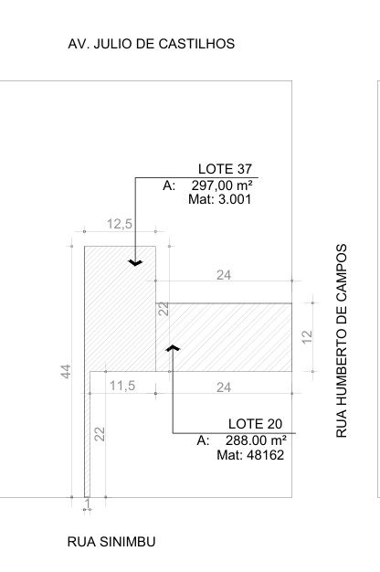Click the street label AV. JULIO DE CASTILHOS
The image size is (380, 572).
point(151,44)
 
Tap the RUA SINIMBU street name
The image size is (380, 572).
point(111,542)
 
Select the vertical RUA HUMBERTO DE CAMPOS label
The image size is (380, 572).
point(341,341)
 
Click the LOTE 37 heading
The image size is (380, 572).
point(225,169)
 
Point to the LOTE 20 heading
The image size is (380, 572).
point(255,424)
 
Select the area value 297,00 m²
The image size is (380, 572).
point(222,185)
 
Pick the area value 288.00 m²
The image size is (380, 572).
point(256,440)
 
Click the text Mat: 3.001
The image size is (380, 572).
point(220,199)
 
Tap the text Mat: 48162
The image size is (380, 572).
point(250,455)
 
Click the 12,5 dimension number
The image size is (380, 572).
point(120,224)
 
